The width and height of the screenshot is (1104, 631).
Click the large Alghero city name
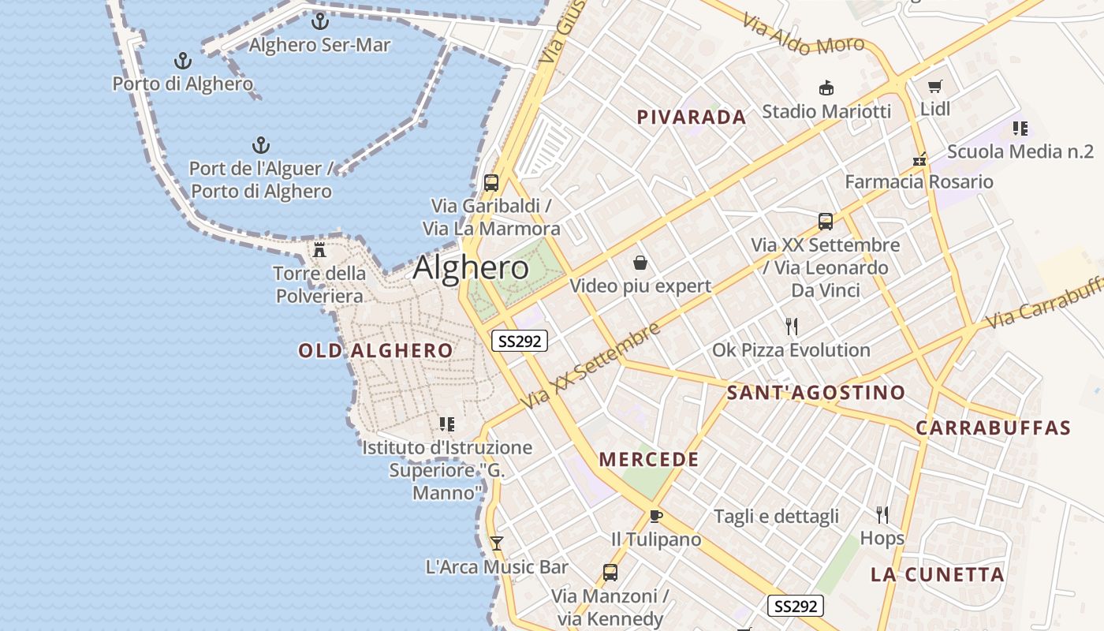click(x=471, y=268)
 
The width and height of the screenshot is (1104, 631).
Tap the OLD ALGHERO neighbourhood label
click(x=375, y=351)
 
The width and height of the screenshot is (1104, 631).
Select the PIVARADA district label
click(x=691, y=118)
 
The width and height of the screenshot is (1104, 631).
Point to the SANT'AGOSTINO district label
click(x=815, y=392)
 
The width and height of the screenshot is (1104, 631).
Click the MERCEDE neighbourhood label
click(x=649, y=460)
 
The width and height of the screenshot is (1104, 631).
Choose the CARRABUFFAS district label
click(x=993, y=428)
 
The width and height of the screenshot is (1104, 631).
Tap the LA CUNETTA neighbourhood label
click(x=937, y=574)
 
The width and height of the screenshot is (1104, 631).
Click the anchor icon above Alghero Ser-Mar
click(x=319, y=21)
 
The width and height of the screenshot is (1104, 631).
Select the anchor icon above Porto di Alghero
click(x=182, y=60)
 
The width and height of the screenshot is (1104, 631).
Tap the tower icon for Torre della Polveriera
click(x=319, y=250)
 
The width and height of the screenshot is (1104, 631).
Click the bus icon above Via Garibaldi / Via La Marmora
click(x=490, y=183)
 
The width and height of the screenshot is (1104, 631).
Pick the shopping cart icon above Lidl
click(x=935, y=86)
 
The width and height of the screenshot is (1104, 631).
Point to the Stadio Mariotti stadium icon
click(x=826, y=88)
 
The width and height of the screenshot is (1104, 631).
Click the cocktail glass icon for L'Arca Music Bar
click(x=496, y=543)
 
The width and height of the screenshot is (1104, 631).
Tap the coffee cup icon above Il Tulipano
click(x=655, y=516)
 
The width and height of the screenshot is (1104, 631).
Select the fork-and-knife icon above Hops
click(x=882, y=515)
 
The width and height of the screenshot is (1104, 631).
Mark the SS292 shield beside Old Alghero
click(x=519, y=341)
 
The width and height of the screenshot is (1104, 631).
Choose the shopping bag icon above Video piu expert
click(x=640, y=262)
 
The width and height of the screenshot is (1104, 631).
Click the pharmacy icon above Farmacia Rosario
click(x=919, y=159)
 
